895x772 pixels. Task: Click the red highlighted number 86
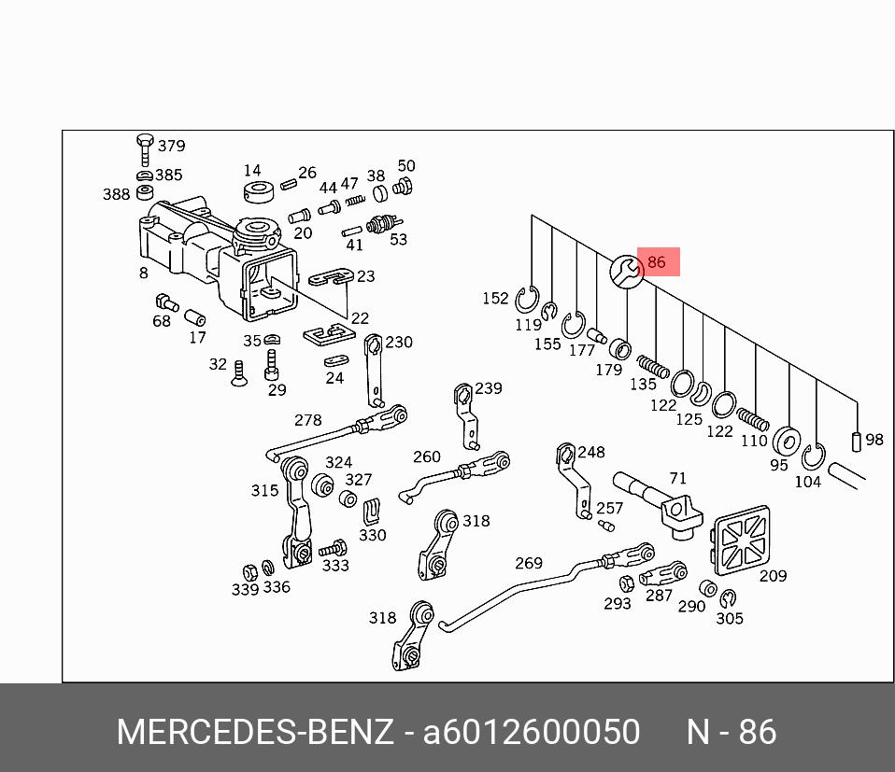coord(657,262)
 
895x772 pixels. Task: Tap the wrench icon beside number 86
coord(627,272)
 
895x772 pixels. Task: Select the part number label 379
coord(171,146)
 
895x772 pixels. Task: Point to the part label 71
coord(677,479)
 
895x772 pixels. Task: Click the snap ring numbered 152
coord(528,301)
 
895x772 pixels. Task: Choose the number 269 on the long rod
coord(529,563)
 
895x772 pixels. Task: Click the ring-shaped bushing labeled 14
coord(258,193)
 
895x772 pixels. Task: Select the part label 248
coord(591,452)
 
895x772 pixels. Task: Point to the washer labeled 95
coord(787,440)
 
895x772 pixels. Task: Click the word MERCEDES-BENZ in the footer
coord(255,732)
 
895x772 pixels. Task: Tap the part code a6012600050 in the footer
coord(531,732)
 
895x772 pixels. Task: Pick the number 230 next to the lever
coord(399,342)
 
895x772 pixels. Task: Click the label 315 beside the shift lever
coord(264,490)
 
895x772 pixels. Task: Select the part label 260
coord(426,456)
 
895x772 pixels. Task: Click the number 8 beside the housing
coord(144,273)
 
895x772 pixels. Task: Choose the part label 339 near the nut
coord(245,589)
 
